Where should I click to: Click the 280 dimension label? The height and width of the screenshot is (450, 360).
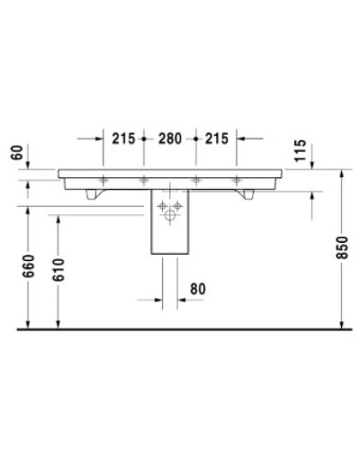click(x=169, y=139)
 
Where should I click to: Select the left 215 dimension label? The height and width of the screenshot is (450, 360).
click(x=123, y=139)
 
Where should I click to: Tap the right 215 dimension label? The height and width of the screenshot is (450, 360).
click(x=215, y=139)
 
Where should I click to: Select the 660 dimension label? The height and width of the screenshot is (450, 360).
click(x=31, y=266)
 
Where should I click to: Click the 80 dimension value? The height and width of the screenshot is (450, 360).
click(x=197, y=288)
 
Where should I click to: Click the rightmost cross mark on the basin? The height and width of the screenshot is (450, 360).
click(x=237, y=179)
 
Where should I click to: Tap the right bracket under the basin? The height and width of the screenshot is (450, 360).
click(x=244, y=193)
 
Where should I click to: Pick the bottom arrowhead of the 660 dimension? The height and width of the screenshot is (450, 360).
click(x=31, y=325)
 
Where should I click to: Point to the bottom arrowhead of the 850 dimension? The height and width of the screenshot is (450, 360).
click(x=342, y=325)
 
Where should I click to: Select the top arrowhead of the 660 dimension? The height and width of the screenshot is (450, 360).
click(x=31, y=209)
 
